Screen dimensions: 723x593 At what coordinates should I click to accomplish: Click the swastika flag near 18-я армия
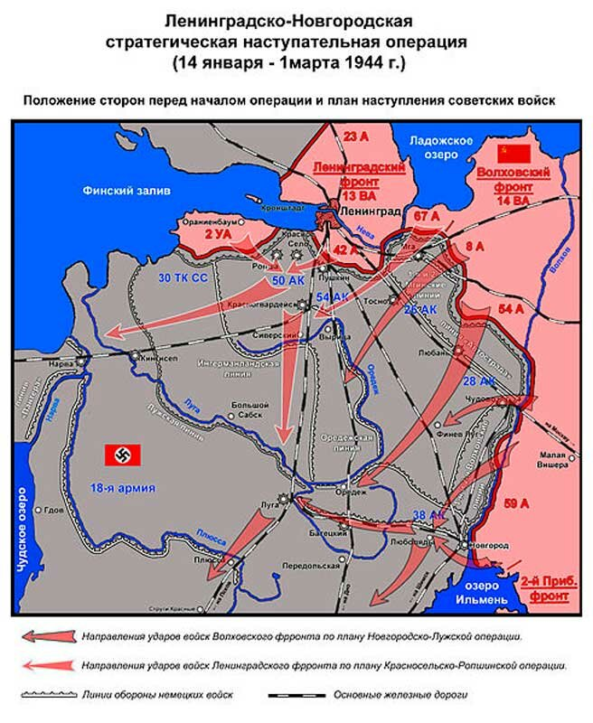[120, 454]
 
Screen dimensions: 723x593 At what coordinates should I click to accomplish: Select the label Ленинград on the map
[371, 210]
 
